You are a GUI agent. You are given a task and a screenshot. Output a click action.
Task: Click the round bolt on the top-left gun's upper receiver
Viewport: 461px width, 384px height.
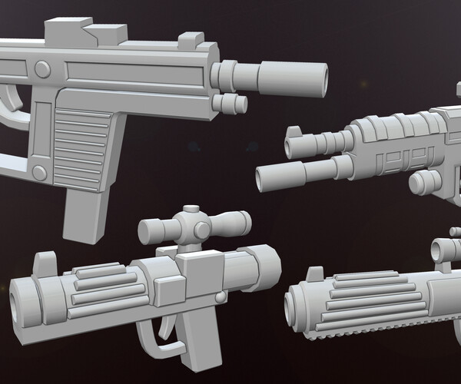pyautogui.click(x=42, y=70)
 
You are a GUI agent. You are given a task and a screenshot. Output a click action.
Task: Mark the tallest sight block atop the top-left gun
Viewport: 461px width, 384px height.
pyautogui.click(x=64, y=32)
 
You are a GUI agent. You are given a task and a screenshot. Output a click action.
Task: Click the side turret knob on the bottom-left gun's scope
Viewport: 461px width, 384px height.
pyautogui.click(x=202, y=230)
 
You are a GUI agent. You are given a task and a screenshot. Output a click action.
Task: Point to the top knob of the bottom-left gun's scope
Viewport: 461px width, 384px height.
pyautogui.click(x=191, y=212)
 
